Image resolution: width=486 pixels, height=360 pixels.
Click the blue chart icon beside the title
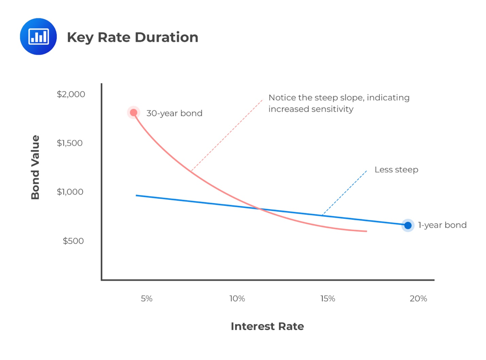pyautogui.click(x=38, y=36)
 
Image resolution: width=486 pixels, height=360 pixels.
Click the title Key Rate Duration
pyautogui.click(x=132, y=37)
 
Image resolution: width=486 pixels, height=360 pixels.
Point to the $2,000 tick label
pyautogui.click(x=71, y=94)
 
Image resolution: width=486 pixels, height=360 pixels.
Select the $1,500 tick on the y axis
pyautogui.click(x=69, y=143)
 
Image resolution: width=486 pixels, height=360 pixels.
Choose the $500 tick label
pyautogui.click(x=73, y=241)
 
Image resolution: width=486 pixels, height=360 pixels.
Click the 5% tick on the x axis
pyautogui.click(x=146, y=299)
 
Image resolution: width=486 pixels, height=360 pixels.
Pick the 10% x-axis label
pyautogui.click(x=237, y=299)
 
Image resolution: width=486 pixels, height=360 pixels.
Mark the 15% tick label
pyautogui.click(x=327, y=299)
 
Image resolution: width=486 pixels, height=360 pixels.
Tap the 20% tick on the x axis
pyautogui.click(x=418, y=299)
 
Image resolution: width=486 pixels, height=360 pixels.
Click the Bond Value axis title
pyautogui.click(x=35, y=168)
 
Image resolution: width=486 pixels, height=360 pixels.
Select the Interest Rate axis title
pyautogui.click(x=267, y=327)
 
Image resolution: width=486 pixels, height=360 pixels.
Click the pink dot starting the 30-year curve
pyautogui.click(x=133, y=113)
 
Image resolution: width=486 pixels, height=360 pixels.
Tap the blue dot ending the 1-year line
pyautogui.click(x=408, y=225)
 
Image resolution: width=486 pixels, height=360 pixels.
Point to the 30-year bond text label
pyautogui.click(x=174, y=113)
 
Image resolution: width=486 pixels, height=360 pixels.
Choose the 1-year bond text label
pyautogui.click(x=442, y=225)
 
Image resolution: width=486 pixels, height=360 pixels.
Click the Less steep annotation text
pyautogui.click(x=396, y=170)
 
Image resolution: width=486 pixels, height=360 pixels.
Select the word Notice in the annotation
pyautogui.click(x=283, y=98)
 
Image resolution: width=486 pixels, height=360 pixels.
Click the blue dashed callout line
pyautogui.click(x=344, y=192)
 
